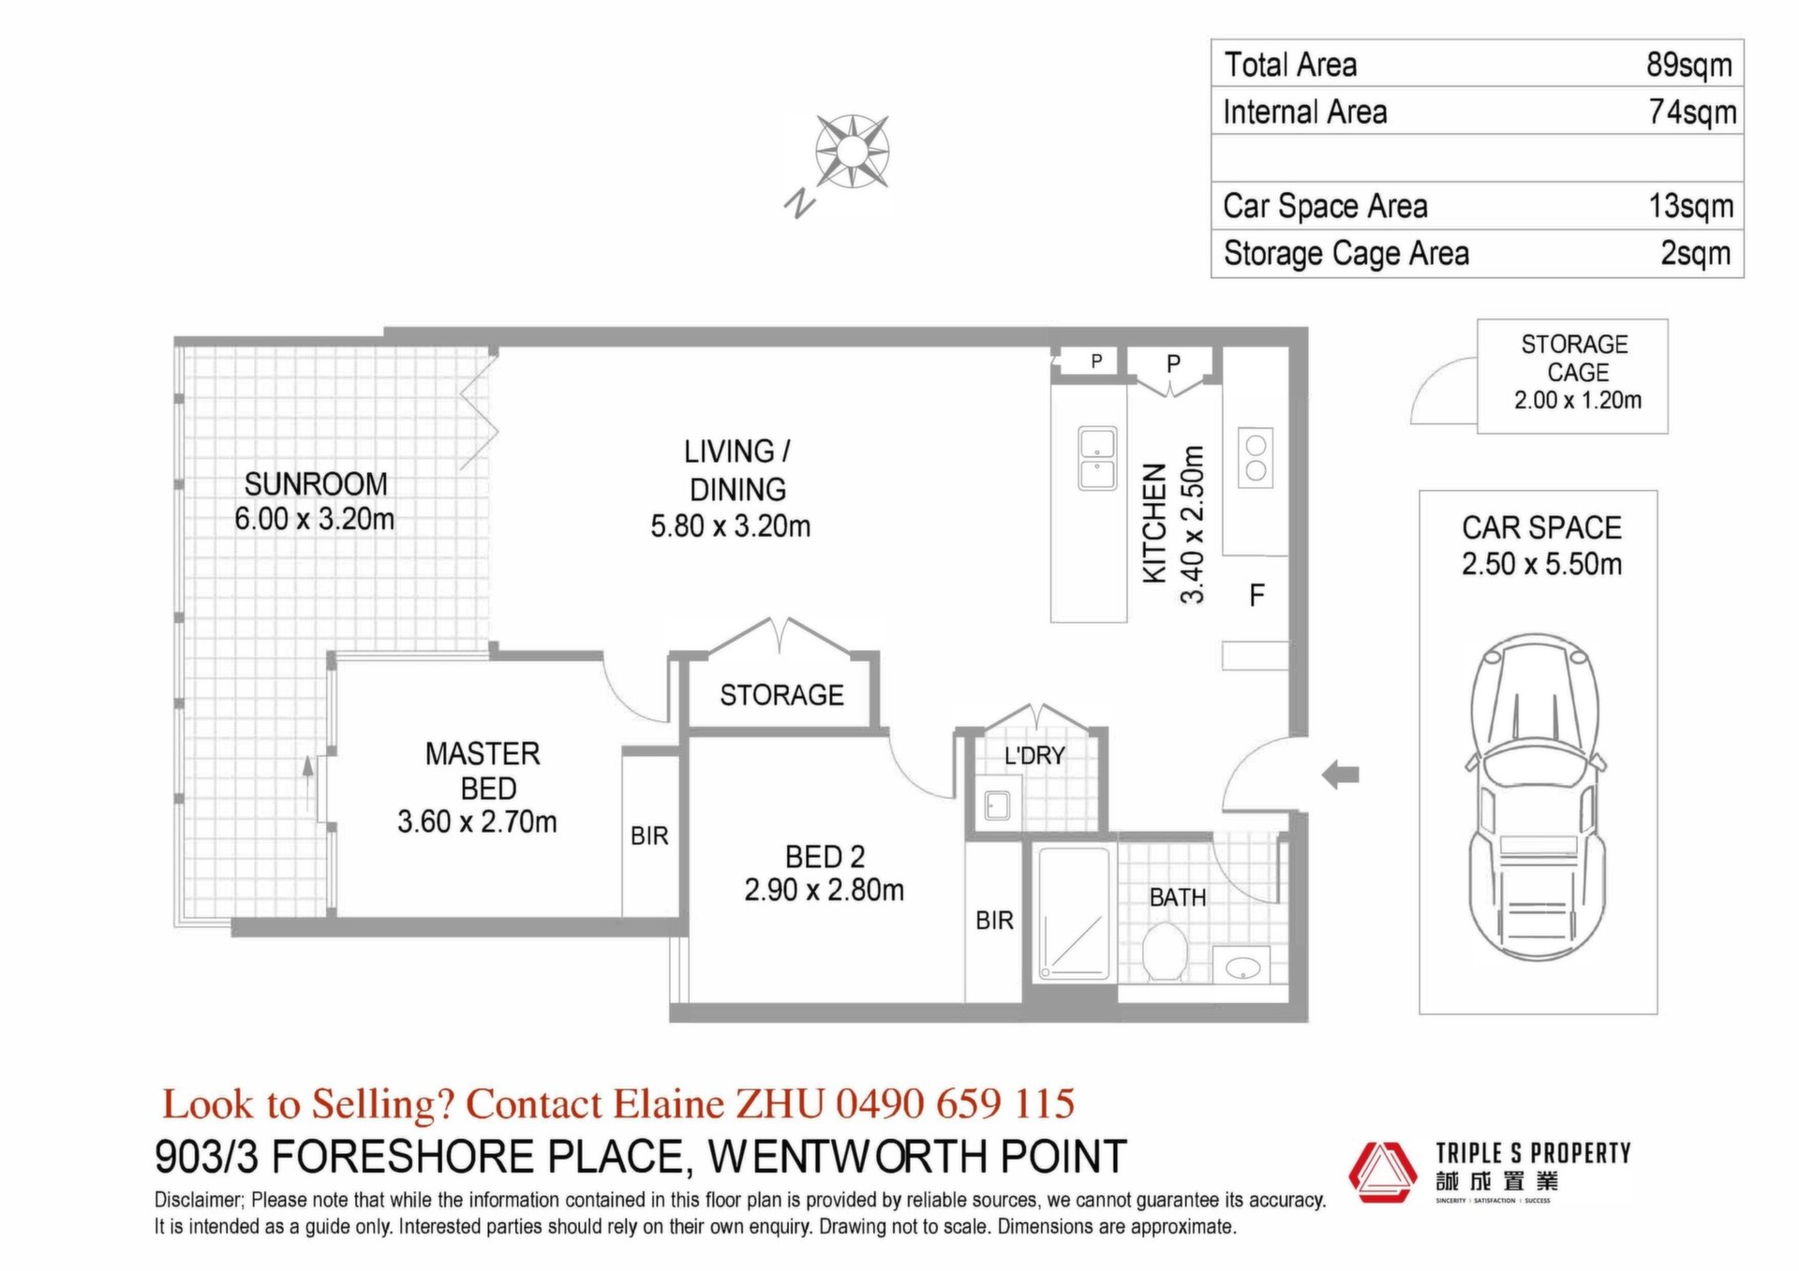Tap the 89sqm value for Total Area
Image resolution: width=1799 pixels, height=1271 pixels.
[1689, 65]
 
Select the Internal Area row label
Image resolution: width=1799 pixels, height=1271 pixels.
[1304, 112]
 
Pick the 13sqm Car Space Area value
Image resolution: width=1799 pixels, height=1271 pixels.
[1690, 206]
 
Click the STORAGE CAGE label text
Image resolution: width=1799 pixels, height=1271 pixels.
[1576, 358]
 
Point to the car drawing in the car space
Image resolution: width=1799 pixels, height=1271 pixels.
[1537, 797]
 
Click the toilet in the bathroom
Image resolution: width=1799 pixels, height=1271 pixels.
[1166, 951]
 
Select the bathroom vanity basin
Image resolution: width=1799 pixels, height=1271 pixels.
[1242, 966]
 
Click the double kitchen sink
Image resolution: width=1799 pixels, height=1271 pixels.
[1097, 458]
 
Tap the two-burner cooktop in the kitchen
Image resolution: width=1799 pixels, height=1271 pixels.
[1256, 457]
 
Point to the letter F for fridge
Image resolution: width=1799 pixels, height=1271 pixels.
[1256, 595]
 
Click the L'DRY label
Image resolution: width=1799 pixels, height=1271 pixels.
[1034, 756]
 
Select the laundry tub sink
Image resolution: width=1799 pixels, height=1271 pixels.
[997, 805]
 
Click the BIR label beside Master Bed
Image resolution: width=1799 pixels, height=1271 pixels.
[649, 835]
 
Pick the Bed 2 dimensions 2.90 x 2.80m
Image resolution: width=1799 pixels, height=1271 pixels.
[825, 890]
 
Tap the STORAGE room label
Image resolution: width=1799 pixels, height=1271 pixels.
[781, 695]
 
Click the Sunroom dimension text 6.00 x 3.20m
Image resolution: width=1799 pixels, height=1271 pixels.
[315, 519]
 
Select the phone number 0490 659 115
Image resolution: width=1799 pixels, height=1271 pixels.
[955, 1103]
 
